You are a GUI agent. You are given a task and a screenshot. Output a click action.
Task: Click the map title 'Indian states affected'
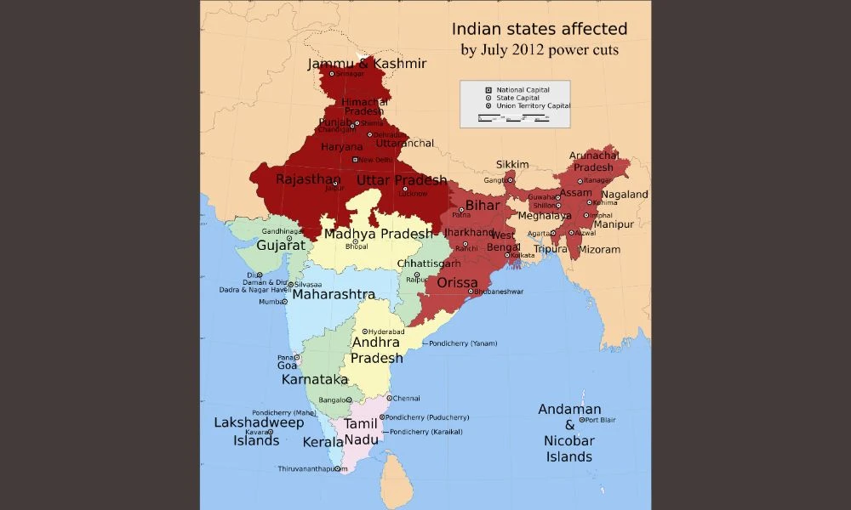[x=539, y=30]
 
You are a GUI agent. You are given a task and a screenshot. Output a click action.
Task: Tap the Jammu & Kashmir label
[x=367, y=64]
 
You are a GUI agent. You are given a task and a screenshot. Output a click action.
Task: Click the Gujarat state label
[x=281, y=245]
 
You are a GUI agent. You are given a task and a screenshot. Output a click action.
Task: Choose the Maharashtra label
[x=333, y=294]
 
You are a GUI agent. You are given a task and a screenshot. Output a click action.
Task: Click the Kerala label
[x=322, y=442]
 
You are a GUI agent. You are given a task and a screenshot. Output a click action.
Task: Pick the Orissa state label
[x=458, y=282]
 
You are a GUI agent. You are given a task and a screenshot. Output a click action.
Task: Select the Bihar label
[x=483, y=206]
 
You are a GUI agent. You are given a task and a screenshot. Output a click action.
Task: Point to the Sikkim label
[x=513, y=164]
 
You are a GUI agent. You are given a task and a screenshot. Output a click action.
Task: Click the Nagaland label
[x=625, y=195]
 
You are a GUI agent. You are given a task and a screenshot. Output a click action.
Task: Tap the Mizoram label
[x=600, y=250]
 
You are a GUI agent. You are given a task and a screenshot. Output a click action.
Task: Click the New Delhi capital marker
[x=356, y=159]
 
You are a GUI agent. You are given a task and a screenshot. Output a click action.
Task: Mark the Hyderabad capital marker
[x=365, y=331]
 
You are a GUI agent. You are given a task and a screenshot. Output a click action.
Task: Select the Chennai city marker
[x=389, y=398]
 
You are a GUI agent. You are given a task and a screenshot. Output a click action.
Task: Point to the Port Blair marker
[x=582, y=420]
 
